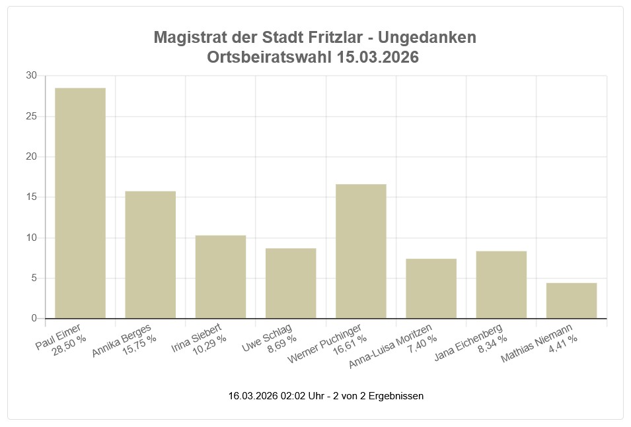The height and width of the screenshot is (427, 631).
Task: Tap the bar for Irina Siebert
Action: click(221, 277)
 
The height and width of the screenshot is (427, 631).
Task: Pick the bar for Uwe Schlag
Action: click(291, 283)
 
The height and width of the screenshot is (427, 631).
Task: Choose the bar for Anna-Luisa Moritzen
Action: click(431, 288)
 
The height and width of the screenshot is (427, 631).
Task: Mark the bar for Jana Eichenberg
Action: click(501, 284)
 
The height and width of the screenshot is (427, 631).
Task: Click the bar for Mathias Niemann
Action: click(572, 300)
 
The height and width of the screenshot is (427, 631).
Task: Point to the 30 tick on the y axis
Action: click(31, 76)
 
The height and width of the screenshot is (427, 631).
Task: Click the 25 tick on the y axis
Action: click(31, 116)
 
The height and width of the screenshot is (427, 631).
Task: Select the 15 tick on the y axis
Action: click(31, 197)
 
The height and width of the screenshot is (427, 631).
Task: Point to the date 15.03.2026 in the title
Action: click(377, 57)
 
